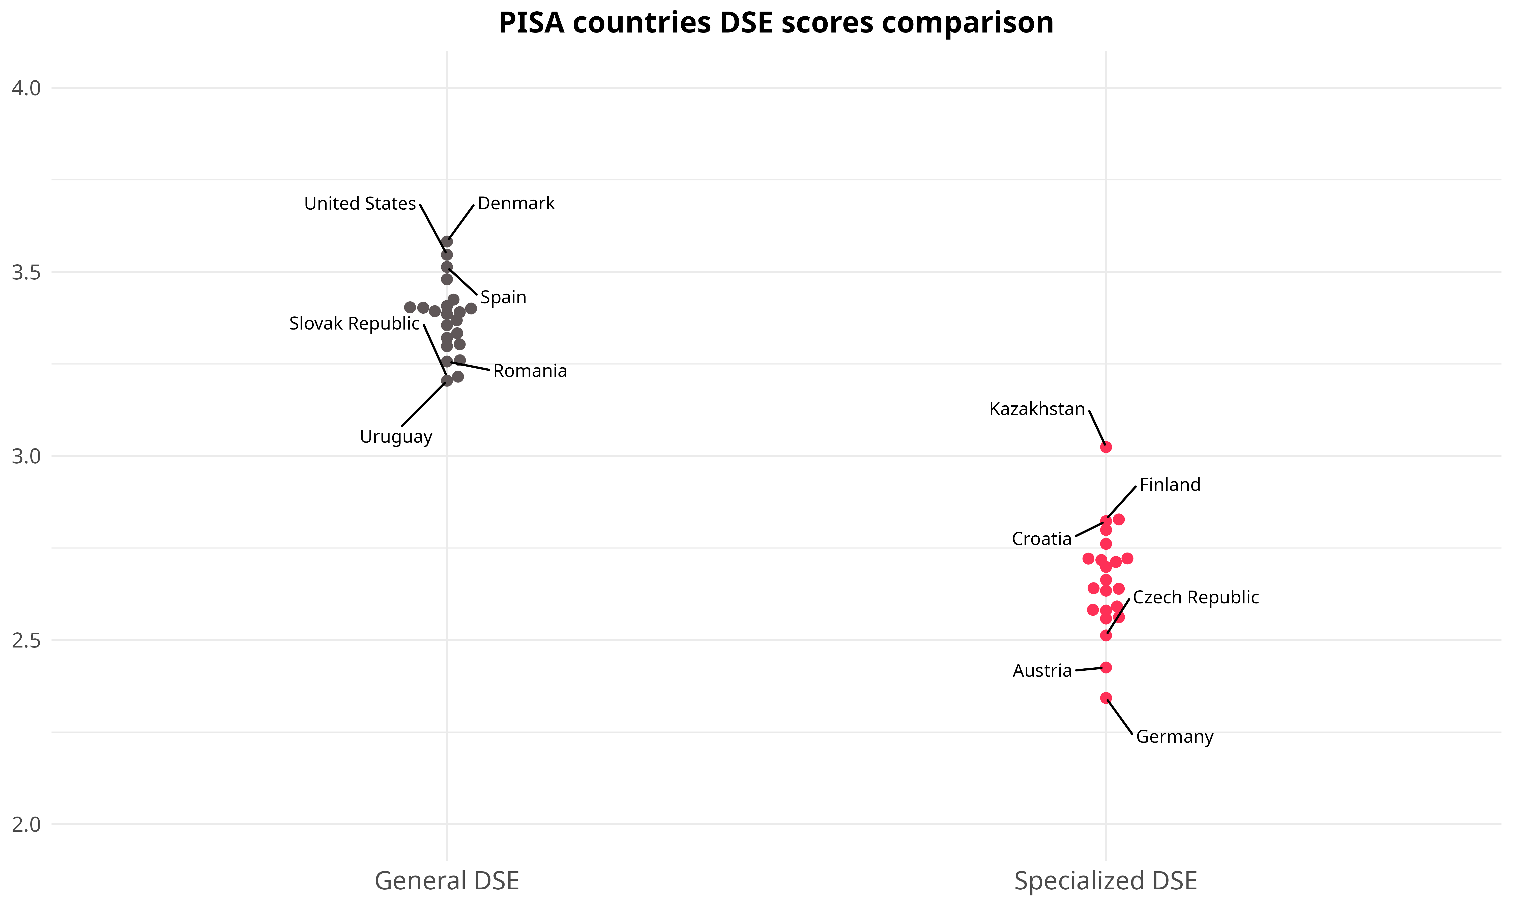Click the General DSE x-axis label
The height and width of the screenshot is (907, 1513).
coord(446,881)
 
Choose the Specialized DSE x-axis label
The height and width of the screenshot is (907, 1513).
coord(1105,881)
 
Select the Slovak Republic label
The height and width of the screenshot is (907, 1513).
coord(354,323)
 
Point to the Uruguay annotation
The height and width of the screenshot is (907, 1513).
coord(396,437)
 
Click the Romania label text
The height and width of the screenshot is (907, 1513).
coord(530,371)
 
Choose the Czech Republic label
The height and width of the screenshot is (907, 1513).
coord(1196,597)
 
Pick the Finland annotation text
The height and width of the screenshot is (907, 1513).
coord(1170,485)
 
